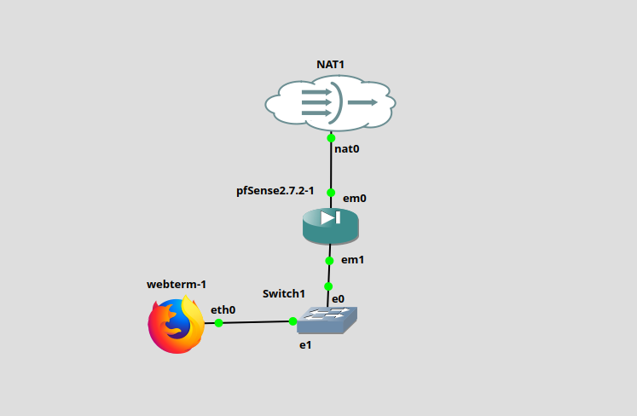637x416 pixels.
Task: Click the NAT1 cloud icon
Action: [x=330, y=103]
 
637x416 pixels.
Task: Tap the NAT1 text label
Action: [x=330, y=65]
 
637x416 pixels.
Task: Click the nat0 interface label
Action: [x=346, y=149]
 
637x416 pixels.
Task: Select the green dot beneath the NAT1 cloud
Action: [x=331, y=137]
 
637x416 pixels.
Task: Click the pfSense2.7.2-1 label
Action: [x=275, y=190]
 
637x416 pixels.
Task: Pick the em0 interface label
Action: [x=354, y=199]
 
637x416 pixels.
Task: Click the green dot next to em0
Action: [x=330, y=193]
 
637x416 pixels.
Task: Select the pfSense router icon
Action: [x=330, y=223]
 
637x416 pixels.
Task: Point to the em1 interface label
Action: [x=353, y=260]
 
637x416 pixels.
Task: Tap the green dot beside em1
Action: [x=329, y=260]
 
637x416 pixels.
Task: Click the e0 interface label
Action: [x=338, y=299]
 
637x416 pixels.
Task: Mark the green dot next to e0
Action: [x=328, y=286]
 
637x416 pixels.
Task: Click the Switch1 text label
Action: [x=283, y=293]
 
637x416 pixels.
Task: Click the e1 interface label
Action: [x=305, y=345]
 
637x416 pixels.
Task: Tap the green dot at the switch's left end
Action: [x=292, y=321]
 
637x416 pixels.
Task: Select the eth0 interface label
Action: [x=223, y=310]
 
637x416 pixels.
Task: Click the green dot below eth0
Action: [x=218, y=322]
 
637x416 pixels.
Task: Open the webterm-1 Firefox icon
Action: [x=177, y=325]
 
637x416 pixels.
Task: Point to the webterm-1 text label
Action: [x=177, y=285]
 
